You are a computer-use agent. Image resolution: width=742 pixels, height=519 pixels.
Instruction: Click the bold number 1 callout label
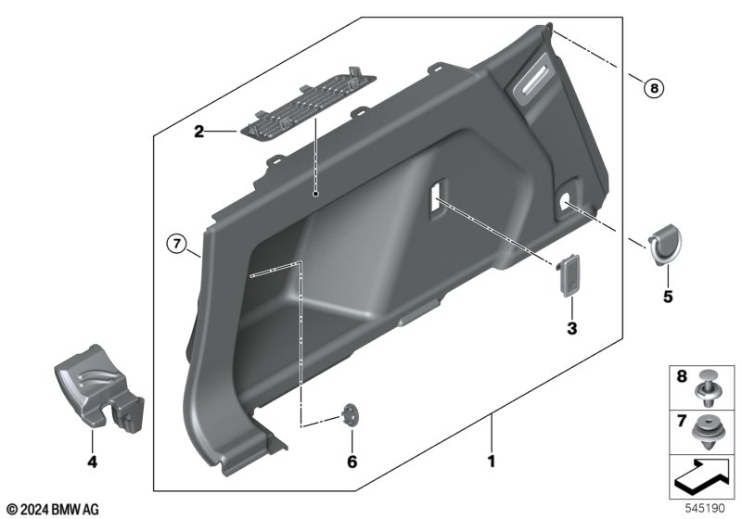[x=492, y=461]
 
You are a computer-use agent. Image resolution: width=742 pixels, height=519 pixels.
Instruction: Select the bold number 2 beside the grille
[x=199, y=132]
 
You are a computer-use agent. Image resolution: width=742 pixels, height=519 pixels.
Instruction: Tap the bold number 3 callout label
[x=572, y=328]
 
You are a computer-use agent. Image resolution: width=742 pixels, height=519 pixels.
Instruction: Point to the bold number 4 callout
[x=92, y=462]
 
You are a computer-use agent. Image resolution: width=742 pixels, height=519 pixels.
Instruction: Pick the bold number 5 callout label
[x=668, y=297]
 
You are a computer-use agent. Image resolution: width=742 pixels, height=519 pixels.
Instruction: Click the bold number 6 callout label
[x=352, y=462]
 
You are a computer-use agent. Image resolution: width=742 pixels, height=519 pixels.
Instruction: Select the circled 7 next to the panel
[x=177, y=244]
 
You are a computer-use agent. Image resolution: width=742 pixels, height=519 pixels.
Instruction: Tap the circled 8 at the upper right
[x=655, y=88]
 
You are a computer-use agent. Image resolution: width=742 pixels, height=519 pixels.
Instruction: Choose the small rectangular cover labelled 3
[x=568, y=275]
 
